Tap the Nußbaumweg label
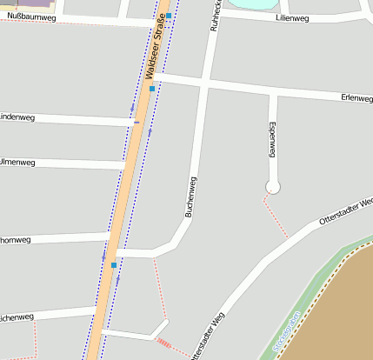point(31,17)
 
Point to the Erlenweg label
point(356,97)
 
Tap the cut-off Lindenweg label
point(17,117)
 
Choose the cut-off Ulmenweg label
point(17,162)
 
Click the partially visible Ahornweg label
point(15,240)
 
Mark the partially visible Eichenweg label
point(17,317)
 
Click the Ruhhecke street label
point(215,16)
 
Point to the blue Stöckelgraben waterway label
point(286,333)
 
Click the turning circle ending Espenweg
point(273,187)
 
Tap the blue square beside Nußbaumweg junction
point(170,16)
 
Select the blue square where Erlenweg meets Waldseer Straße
point(152,89)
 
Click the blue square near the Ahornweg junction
point(114,264)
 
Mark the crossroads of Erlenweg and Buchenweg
point(206,84)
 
